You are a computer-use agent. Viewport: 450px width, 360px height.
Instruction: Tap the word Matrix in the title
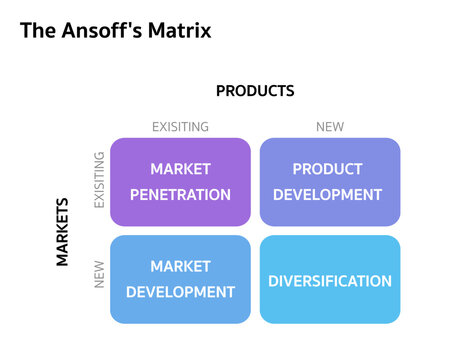click(x=177, y=30)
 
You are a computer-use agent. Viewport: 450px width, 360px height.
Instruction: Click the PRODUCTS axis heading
click(x=255, y=91)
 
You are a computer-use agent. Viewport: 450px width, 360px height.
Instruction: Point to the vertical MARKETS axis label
click(x=62, y=231)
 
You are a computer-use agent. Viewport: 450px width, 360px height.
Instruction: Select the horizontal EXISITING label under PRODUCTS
click(x=180, y=127)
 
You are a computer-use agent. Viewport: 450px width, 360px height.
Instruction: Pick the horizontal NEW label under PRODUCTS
click(x=329, y=127)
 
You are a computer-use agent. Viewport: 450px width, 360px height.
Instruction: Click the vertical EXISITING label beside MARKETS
click(x=99, y=181)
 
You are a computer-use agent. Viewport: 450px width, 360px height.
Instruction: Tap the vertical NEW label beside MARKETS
click(x=99, y=275)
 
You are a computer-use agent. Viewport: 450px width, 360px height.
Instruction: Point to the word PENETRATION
click(x=180, y=194)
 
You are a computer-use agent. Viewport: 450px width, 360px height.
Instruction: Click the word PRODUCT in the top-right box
click(x=328, y=169)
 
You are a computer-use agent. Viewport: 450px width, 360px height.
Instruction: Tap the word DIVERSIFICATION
click(x=329, y=281)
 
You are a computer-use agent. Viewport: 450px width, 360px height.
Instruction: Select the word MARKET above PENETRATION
click(x=180, y=169)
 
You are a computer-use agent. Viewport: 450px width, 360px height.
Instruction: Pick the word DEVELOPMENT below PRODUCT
click(x=328, y=194)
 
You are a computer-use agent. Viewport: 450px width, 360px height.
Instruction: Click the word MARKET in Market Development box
click(x=180, y=267)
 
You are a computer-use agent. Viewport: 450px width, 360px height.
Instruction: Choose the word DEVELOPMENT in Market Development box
click(x=180, y=292)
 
